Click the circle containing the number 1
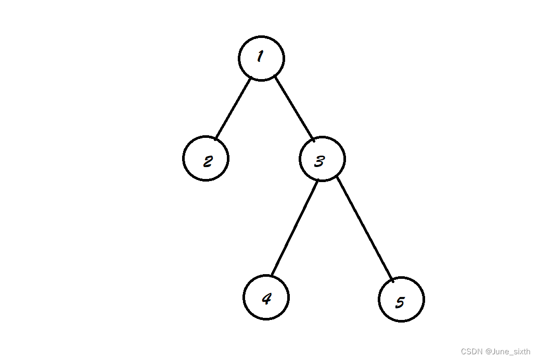coord(261,58)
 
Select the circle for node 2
coord(206,158)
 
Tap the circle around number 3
coord(322,159)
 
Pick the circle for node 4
coord(266,297)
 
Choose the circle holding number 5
coord(401,300)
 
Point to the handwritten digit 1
coord(260,57)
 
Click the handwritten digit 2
coord(208,161)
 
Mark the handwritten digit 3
coord(319,161)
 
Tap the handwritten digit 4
coord(266,299)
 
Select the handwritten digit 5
coord(400,302)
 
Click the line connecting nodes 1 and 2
coord(233,108)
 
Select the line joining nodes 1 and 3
coord(294,108)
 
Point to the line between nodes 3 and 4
coord(294,228)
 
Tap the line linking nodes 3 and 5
coord(365,229)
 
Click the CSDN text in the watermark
coord(471,352)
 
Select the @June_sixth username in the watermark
coord(507,352)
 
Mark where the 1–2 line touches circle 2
coord(216,138)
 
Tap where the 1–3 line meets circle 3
coord(313,139)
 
